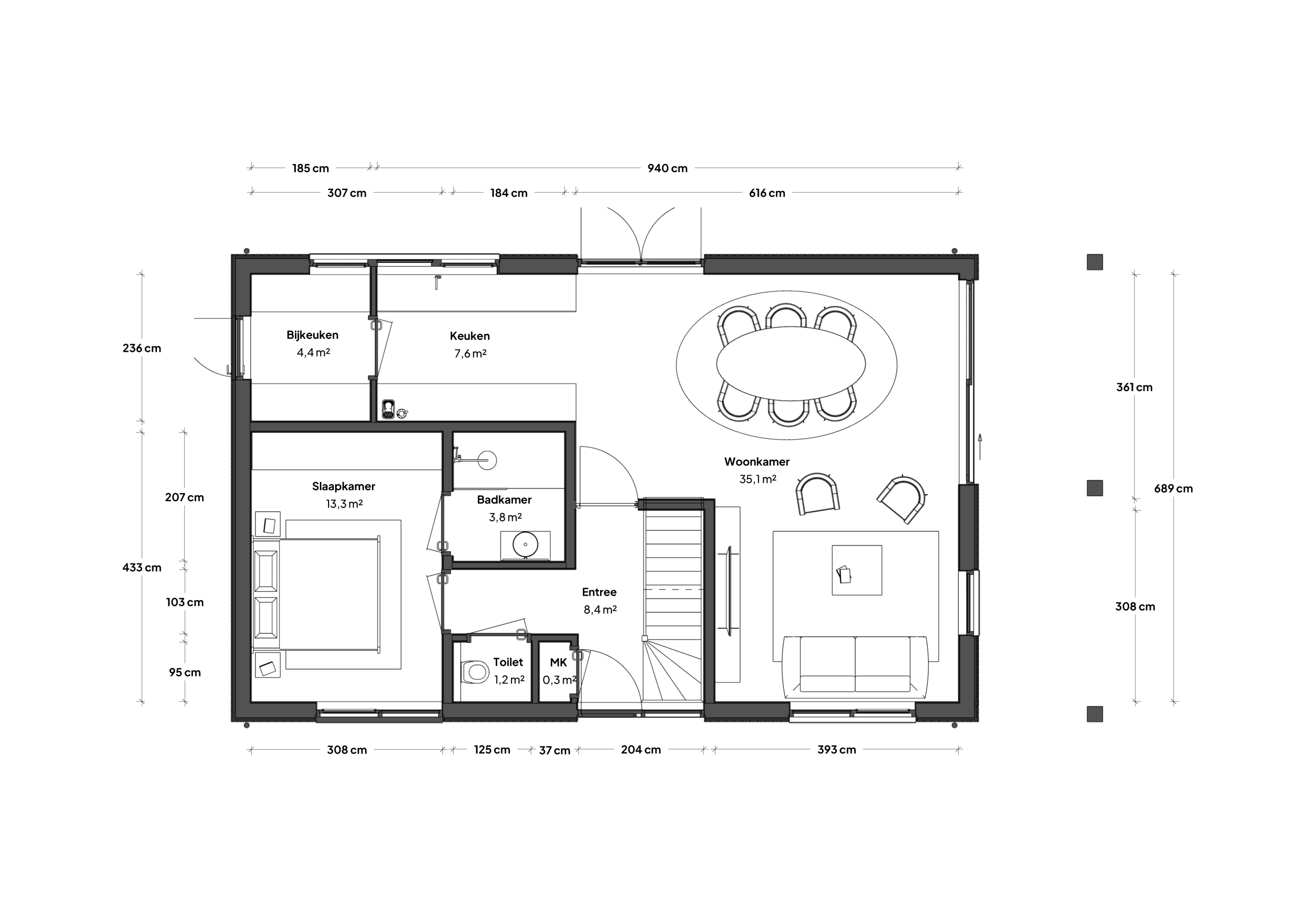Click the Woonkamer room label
point(756,462)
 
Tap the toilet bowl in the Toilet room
point(475,671)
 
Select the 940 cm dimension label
point(667,168)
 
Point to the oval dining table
point(791,363)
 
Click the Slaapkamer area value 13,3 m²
point(344,503)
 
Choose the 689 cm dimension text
point(1174,489)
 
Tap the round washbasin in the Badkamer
point(525,544)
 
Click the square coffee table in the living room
point(856,571)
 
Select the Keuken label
point(470,336)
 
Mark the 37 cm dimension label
point(554,750)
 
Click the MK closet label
point(558,662)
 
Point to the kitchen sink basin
point(388,410)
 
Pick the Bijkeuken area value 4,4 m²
point(313,352)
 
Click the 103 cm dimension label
point(184,602)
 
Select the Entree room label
point(599,592)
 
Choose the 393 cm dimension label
point(836,750)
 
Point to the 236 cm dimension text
point(142,348)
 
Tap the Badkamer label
point(504,500)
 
